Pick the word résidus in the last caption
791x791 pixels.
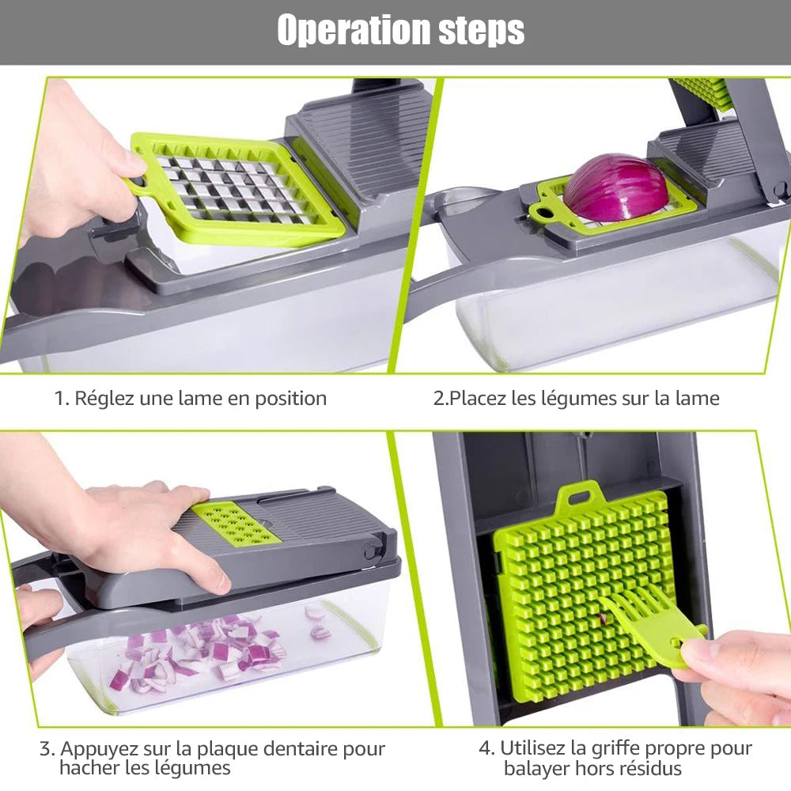click(x=652, y=768)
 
